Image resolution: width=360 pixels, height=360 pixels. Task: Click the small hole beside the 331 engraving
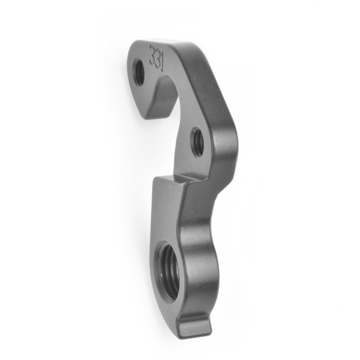coord(139,72)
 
